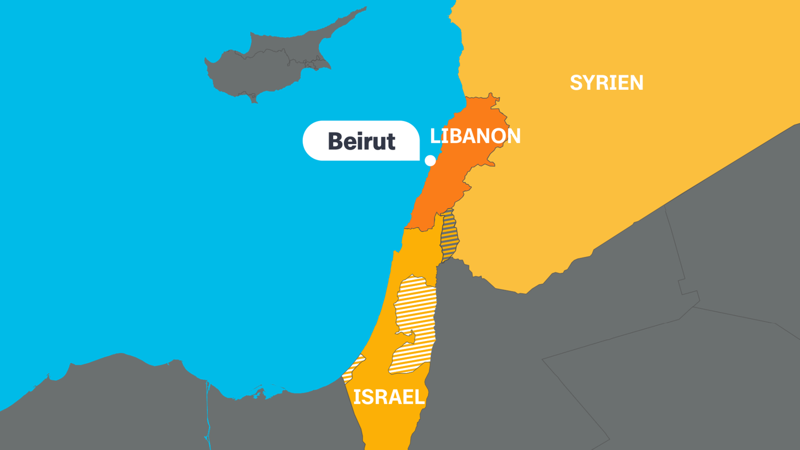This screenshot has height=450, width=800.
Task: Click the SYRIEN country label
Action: click(x=606, y=82)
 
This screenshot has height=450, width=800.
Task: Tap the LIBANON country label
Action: click(x=475, y=136)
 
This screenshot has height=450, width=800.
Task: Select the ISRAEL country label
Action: click(x=389, y=397)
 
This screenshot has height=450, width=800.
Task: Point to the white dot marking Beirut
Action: click(x=430, y=160)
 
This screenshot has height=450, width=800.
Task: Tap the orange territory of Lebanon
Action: click(x=454, y=175)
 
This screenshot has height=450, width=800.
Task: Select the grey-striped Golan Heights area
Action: click(x=449, y=235)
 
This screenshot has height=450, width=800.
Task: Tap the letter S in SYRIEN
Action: click(x=576, y=82)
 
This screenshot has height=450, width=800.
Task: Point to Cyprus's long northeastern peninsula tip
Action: click(x=364, y=8)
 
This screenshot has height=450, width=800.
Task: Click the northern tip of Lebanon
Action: click(x=492, y=95)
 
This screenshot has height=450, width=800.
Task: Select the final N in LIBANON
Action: click(x=513, y=136)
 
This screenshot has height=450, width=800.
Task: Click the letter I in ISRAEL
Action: click(x=356, y=397)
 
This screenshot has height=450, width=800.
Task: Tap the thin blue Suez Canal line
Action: click(x=208, y=412)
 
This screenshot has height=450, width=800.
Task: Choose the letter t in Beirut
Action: click(x=390, y=142)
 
